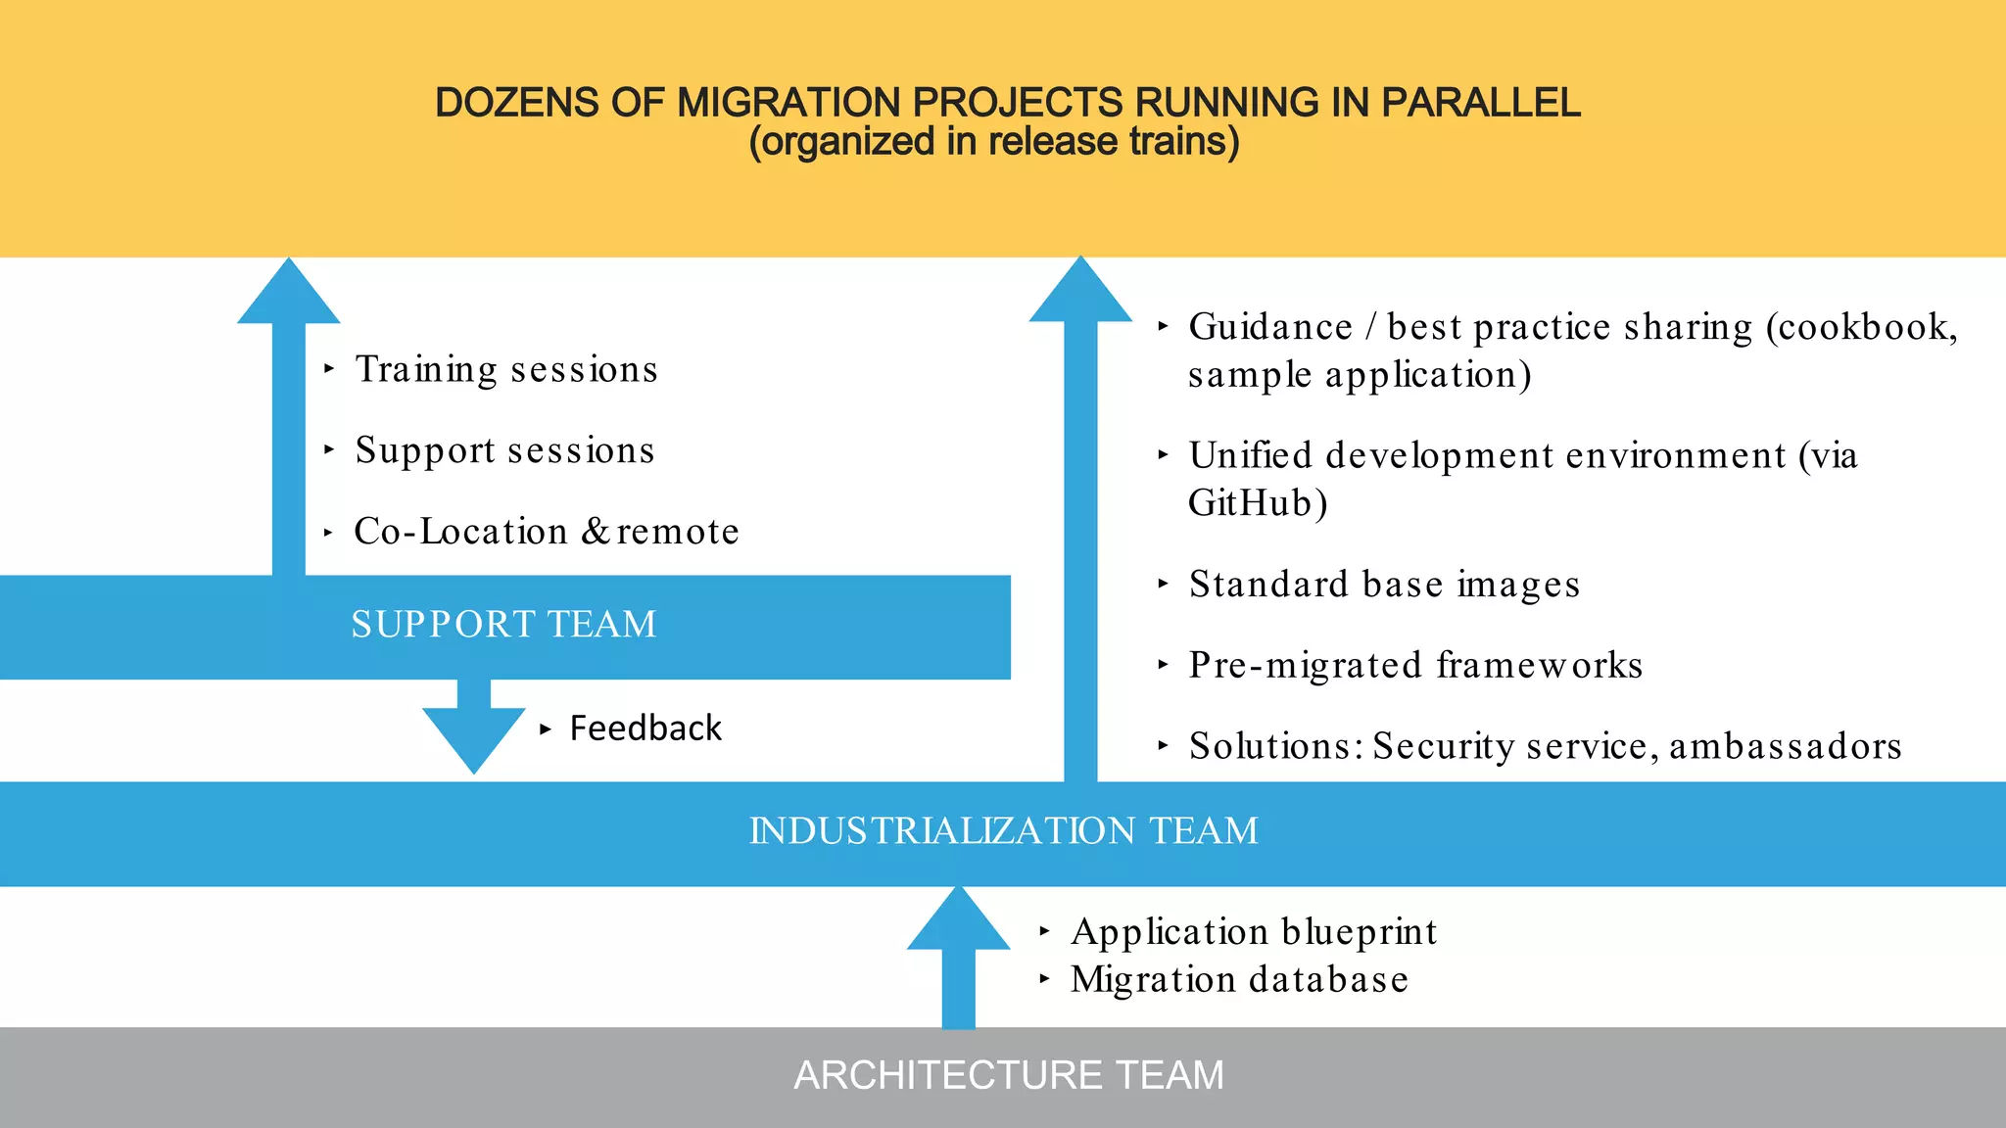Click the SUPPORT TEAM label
(503, 625)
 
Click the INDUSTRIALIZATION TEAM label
(1003, 831)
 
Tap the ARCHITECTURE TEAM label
(1008, 1075)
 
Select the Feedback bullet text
(645, 728)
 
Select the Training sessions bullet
(506, 370)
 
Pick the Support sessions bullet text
(504, 451)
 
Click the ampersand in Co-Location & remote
(596, 532)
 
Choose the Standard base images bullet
(1384, 585)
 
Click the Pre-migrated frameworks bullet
(1415, 666)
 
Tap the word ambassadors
(1785, 747)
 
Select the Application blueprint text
(1254, 932)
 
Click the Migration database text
(1239, 980)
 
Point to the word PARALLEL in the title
(1480, 103)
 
